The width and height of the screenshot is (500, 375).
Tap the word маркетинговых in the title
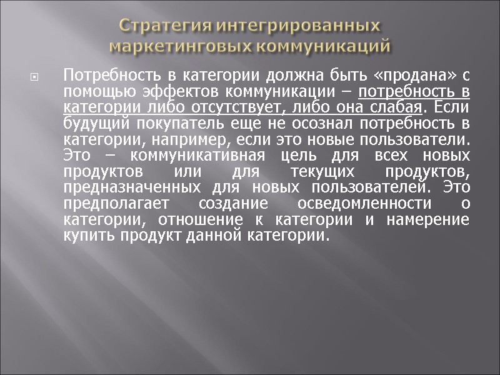[x=181, y=46]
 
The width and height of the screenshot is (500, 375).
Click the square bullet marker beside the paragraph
[x=35, y=78]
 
